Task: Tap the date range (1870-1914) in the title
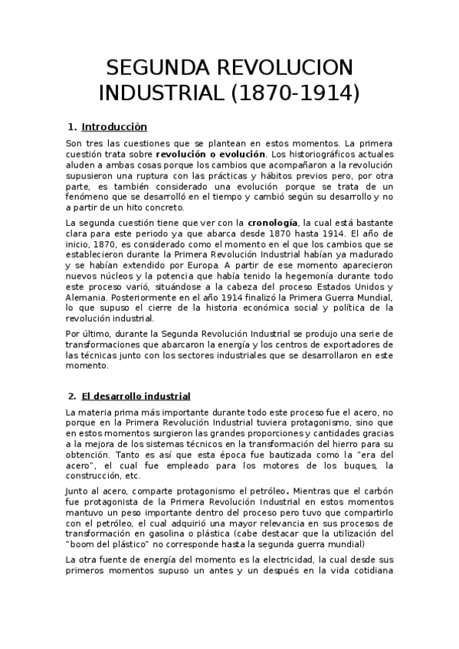(295, 93)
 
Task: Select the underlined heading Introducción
(114, 126)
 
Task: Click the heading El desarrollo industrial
(136, 396)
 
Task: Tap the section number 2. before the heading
(72, 396)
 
